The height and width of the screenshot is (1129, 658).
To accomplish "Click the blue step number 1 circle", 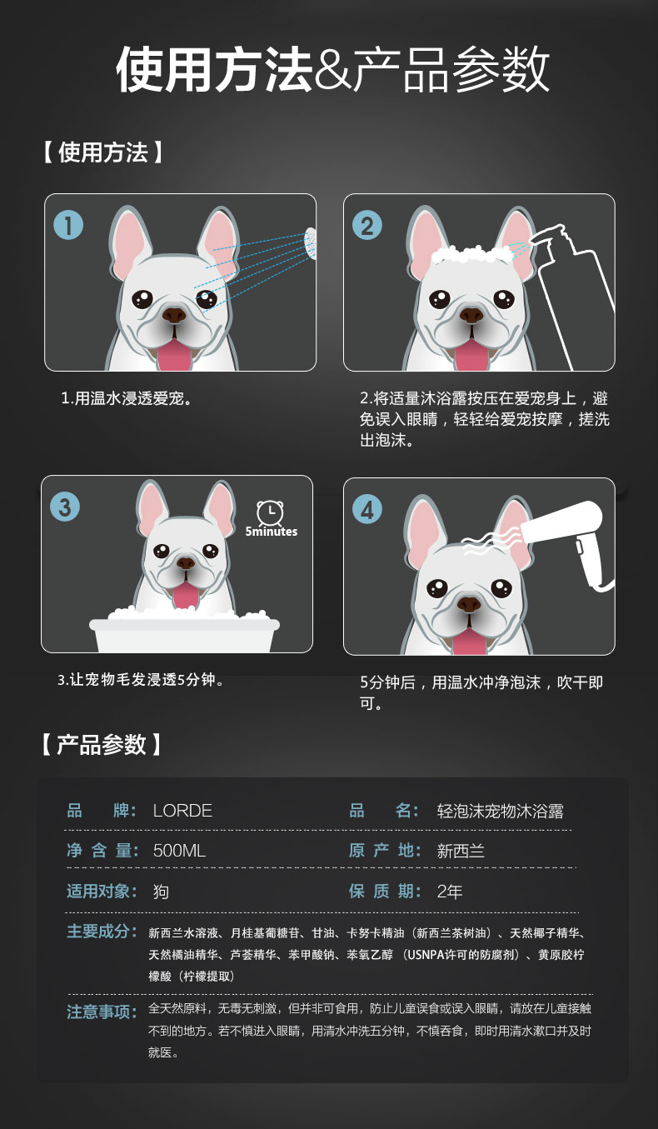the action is point(68,225).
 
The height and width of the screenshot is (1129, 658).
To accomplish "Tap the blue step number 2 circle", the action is point(366,225).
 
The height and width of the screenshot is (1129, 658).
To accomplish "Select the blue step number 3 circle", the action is point(65,507).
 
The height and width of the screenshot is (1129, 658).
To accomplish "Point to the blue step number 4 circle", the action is point(366,509).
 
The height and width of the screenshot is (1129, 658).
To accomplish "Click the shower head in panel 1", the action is point(311,242).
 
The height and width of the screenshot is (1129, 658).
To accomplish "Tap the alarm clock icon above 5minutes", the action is point(270,513).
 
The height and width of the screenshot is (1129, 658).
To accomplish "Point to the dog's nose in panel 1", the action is point(174,315).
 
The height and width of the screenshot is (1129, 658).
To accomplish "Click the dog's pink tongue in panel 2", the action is point(471,354).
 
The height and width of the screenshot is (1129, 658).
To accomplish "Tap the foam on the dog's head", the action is point(471,254).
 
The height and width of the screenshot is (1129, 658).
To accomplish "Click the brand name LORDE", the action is point(182,811).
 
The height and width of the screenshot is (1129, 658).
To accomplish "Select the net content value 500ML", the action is point(179,851).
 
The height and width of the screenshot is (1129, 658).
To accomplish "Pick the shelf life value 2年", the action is point(450,892).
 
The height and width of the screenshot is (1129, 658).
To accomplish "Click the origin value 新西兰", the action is point(461,852).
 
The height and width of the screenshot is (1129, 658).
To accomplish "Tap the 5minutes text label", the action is point(271,532).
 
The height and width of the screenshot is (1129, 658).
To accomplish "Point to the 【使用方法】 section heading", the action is point(102,152).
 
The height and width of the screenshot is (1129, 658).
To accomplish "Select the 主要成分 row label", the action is point(102,932).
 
